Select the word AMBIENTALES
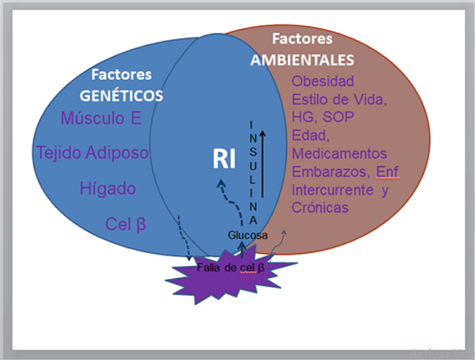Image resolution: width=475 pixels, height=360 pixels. pos(302,59)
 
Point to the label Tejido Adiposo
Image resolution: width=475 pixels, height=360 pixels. pos(93,153)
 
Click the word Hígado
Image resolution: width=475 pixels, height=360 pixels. pos(108,188)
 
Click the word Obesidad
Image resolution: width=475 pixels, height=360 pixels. pos(322,80)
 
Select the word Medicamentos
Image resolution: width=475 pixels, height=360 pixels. pos(339,153)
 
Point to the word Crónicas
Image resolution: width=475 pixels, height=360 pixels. pos(320,208)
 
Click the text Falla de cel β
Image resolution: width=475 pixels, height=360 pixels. pos(230,268)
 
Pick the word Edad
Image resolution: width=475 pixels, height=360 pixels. pos(308,135)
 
